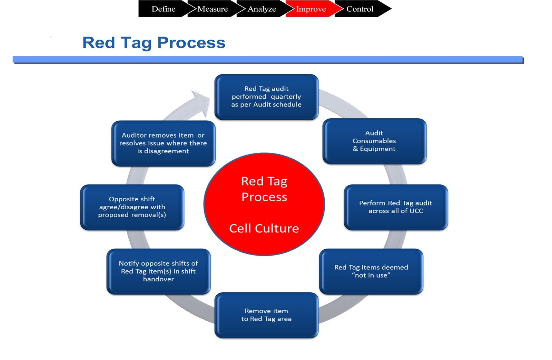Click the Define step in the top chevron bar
(164, 9)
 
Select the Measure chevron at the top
(213, 9)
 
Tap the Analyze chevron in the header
(262, 9)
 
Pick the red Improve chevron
(310, 9)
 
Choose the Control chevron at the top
(360, 9)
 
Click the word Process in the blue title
(191, 43)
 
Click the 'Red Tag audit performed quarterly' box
(266, 97)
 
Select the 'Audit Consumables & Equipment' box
(374, 141)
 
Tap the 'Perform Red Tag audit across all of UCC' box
(396, 207)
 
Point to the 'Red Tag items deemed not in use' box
(371, 271)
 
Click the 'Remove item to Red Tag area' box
(266, 315)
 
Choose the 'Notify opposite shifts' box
(158, 271)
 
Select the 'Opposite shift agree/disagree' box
(132, 207)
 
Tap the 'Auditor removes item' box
(163, 143)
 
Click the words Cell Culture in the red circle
(264, 228)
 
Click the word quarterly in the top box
(286, 97)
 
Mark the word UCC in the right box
(416, 211)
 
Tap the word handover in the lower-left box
(158, 279)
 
